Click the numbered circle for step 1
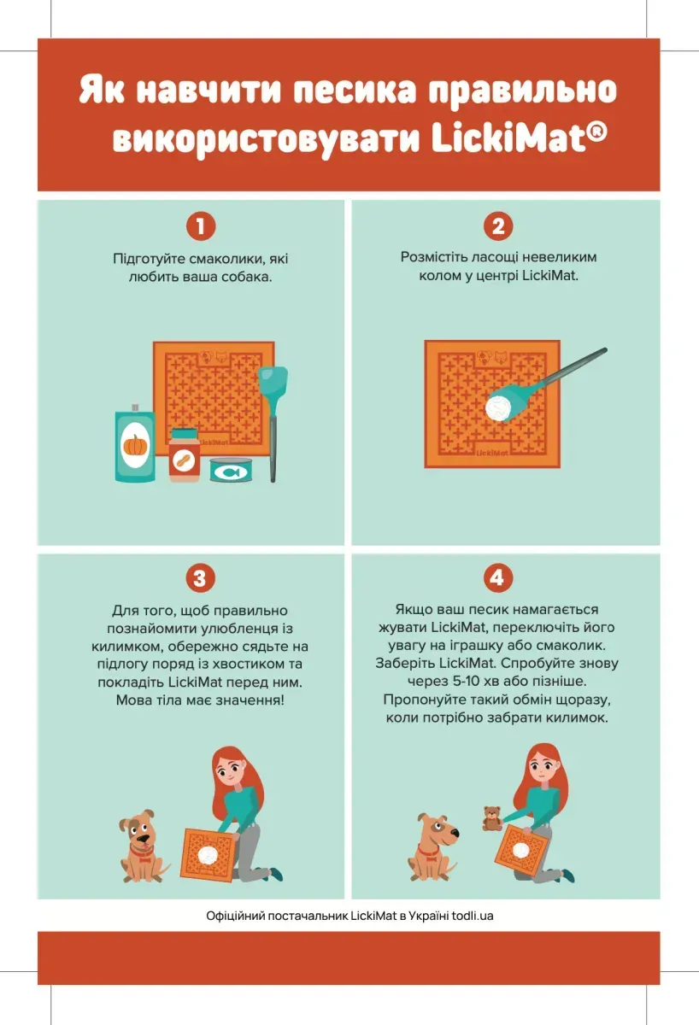coord(201,226)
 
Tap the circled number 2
coord(498,226)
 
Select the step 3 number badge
coord(200,578)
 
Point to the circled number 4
coord(497,577)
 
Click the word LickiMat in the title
coord(520,139)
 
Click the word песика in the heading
coord(355,90)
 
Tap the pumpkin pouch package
coord(135,443)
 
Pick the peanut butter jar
coord(185,454)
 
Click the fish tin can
coord(232,470)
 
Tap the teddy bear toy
coord(491,818)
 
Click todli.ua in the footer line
coord(473,916)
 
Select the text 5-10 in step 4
coord(467,682)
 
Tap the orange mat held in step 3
coord(209,854)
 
